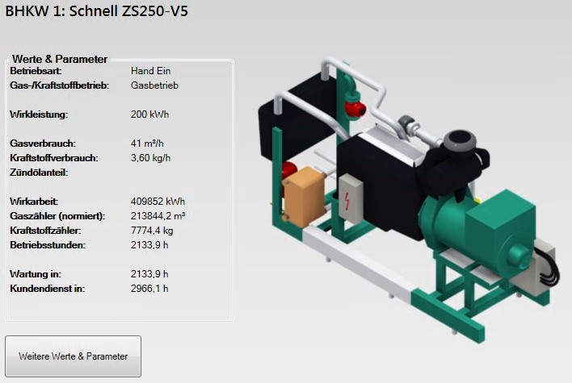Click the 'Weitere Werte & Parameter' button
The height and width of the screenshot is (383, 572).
click(x=73, y=356)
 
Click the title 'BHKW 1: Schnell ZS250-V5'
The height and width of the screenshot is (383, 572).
click(x=96, y=11)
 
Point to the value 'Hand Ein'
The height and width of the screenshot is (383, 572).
click(x=150, y=71)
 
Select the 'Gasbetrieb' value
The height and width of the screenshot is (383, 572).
click(x=154, y=85)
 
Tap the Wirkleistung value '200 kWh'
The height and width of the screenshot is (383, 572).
click(x=150, y=114)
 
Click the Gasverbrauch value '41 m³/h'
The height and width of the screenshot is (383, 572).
click(x=147, y=143)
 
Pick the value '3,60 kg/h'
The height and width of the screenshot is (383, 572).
click(x=150, y=158)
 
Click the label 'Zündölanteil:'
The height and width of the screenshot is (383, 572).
click(x=39, y=173)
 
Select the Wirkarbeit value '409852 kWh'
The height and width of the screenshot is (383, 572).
click(x=158, y=202)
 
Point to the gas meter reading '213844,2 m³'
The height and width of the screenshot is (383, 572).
click(x=158, y=216)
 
